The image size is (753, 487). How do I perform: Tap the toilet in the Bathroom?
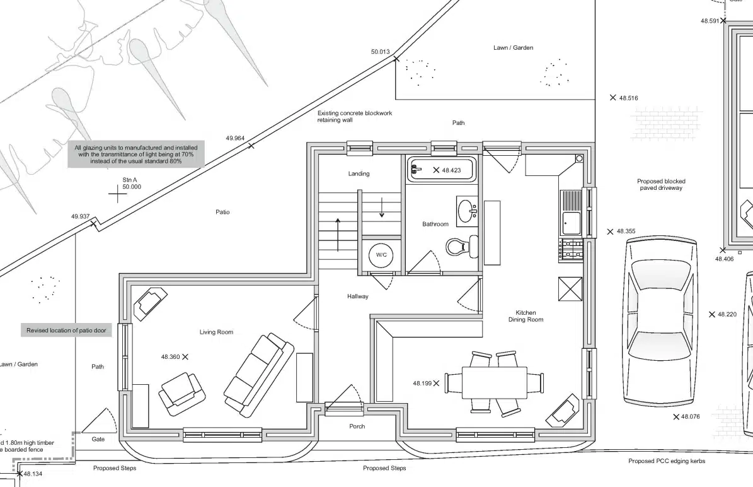click(462, 247)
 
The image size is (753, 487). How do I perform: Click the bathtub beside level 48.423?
click(442, 170)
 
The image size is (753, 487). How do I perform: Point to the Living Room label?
click(217, 332)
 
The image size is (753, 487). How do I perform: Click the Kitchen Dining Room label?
click(526, 316)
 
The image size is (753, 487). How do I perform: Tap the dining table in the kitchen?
click(495, 383)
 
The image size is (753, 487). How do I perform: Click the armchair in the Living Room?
click(183, 393)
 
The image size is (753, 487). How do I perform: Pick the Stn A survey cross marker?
click(118, 194)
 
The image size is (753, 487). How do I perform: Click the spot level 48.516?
click(624, 98)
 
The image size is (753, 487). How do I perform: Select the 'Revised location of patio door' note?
click(66, 331)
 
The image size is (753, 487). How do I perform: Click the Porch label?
click(357, 426)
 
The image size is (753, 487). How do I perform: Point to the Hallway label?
click(358, 296)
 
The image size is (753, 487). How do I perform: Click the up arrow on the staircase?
click(338, 235)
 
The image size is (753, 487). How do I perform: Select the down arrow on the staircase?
click(382, 207)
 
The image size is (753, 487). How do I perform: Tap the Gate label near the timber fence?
click(98, 439)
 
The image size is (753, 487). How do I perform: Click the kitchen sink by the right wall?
click(571, 213)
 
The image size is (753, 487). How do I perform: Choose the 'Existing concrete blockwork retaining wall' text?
click(354, 116)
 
